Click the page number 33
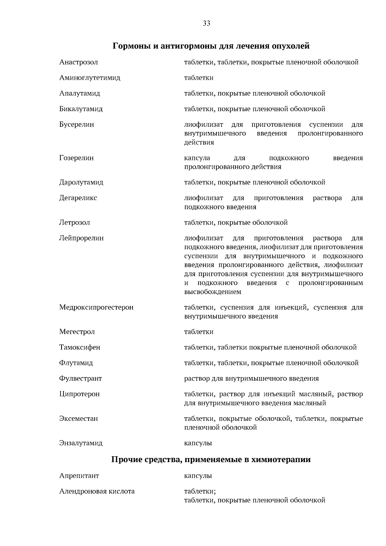coord(207,23)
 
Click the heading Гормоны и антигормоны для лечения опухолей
coord(211,46)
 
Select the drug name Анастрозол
coord(78,62)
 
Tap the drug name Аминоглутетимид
coord(90,78)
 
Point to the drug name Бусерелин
coord(77,125)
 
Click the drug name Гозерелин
coord(77,158)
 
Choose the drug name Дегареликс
coord(78,198)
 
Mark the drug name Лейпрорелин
coord(81,238)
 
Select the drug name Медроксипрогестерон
coord(96,307)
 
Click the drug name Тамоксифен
coord(79,347)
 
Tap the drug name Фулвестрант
coord(80,378)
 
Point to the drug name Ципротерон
coord(79,394)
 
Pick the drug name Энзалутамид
coord(81,443)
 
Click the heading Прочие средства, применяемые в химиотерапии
coord(211,459)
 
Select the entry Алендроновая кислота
coord(97,491)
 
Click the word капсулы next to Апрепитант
coord(198,476)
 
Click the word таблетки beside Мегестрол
coord(199,332)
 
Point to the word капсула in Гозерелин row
coord(197,158)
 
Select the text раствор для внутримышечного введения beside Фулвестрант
coord(252,378)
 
